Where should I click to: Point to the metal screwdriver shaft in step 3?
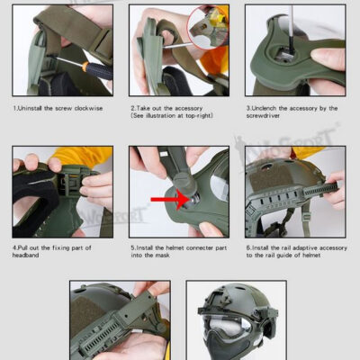tap(294, 31)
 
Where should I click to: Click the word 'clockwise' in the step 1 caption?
tap(83, 108)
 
